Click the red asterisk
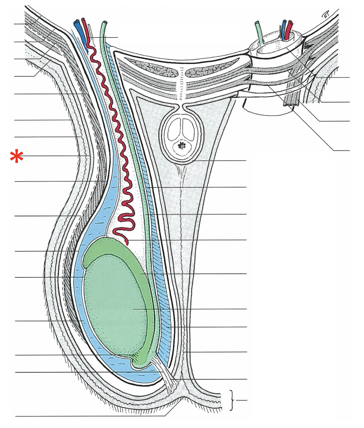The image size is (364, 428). tap(17, 156)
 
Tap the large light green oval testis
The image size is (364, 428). tap(115, 305)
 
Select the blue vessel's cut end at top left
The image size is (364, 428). tap(77, 23)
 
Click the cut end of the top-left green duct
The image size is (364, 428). tap(105, 23)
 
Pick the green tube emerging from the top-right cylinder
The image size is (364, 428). tap(258, 29)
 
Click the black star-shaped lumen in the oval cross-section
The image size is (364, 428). tap(182, 146)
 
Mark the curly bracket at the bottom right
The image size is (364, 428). tap(231, 400)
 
